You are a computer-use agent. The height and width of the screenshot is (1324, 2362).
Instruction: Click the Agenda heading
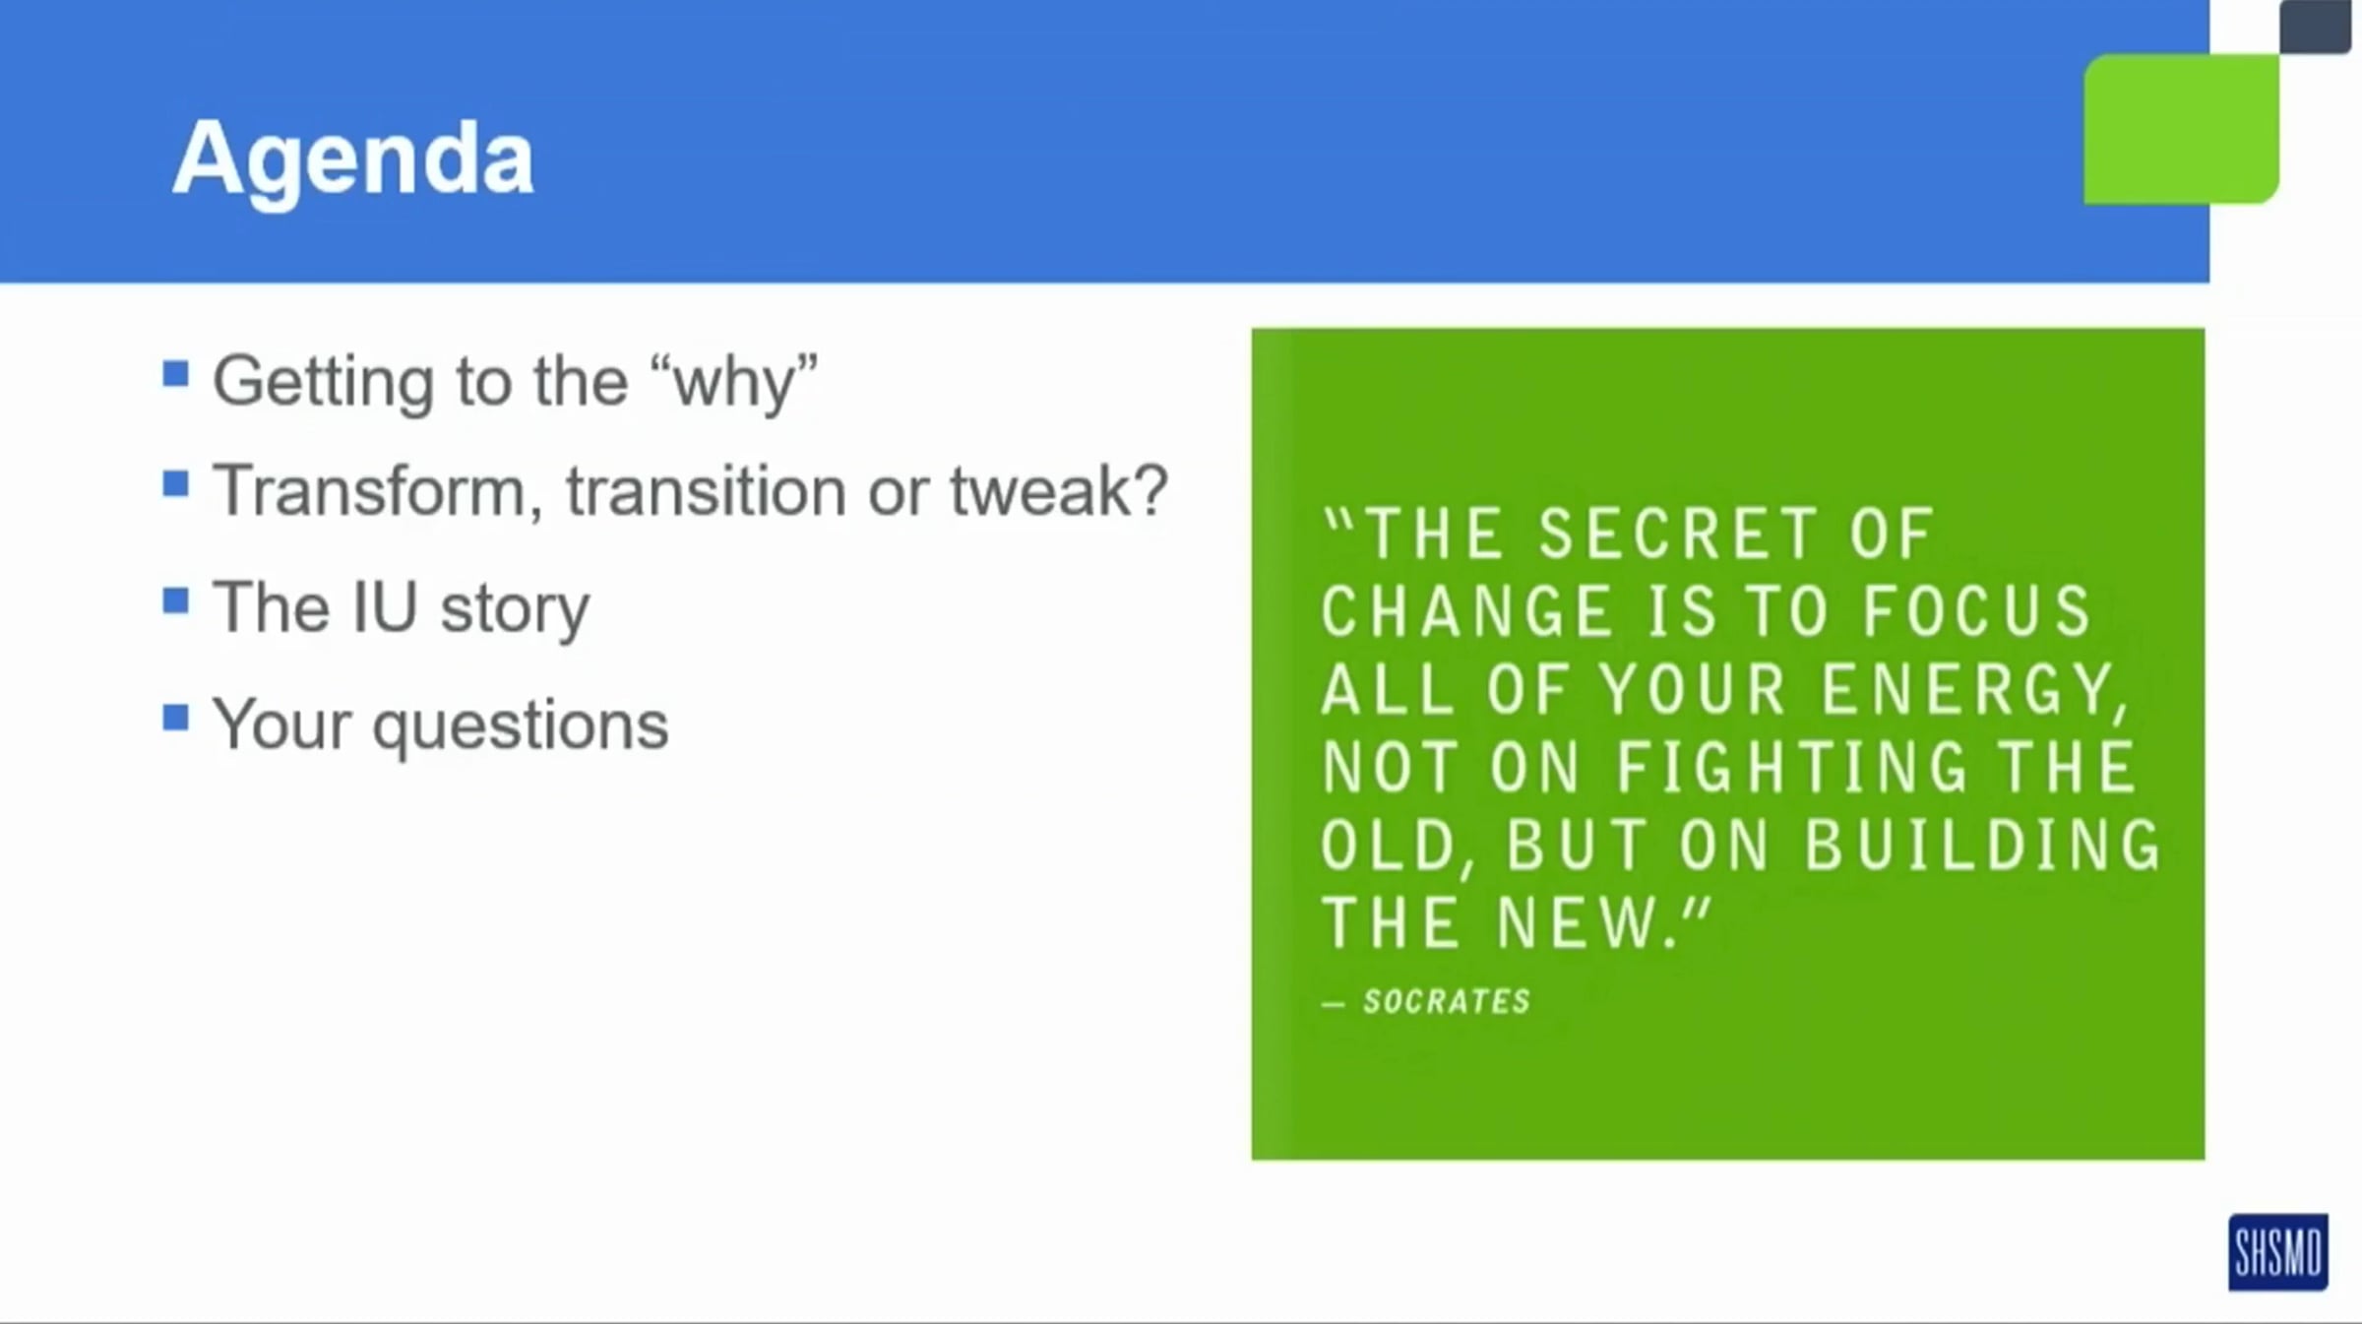click(x=353, y=160)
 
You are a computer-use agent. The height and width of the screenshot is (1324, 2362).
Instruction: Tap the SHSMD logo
click(x=2278, y=1251)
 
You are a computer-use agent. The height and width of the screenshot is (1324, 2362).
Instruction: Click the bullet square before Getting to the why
click(x=176, y=374)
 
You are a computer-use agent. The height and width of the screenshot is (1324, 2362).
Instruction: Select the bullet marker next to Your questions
click(x=176, y=718)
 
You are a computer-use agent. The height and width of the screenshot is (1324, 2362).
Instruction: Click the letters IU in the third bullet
click(x=384, y=607)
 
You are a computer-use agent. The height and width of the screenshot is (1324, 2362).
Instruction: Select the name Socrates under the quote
click(x=1447, y=1001)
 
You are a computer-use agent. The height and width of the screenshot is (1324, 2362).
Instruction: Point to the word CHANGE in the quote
click(x=1466, y=611)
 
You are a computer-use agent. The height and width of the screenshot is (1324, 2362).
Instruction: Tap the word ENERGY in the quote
click(x=1975, y=690)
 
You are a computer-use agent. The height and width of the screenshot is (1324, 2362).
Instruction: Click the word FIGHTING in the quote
click(x=1792, y=768)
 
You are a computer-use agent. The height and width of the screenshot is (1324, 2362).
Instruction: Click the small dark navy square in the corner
click(x=2315, y=27)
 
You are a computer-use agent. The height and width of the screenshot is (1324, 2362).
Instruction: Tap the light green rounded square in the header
click(x=2181, y=129)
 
